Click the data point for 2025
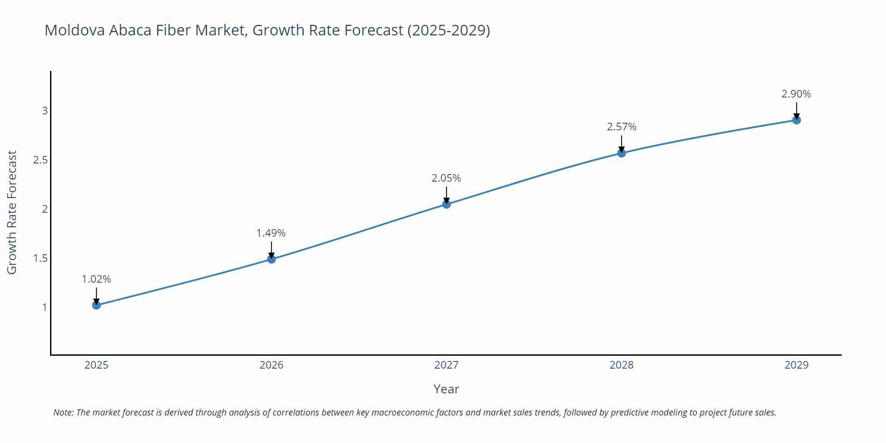(97, 305)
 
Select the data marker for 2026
(272, 259)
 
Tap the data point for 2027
(447, 204)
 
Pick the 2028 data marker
(622, 153)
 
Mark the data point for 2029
(797, 120)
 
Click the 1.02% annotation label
(97, 279)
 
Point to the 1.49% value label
(271, 233)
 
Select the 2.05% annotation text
(446, 178)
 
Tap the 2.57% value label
(622, 127)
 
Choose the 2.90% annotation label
(796, 94)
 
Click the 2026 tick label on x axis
(272, 365)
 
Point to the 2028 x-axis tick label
(622, 365)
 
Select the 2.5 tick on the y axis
(40, 160)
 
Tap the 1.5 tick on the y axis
(40, 258)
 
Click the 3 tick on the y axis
(45, 111)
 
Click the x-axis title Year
(446, 389)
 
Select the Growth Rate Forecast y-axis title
(12, 212)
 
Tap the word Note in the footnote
(63, 412)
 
